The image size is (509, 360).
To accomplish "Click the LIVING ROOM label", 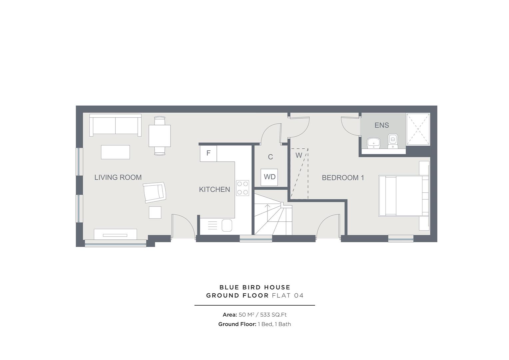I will [118, 177].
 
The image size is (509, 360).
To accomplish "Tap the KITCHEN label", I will [214, 189].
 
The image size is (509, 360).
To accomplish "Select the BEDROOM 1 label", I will [342, 178].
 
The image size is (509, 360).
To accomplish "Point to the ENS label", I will [381, 125].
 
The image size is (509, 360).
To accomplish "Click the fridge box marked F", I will [209, 153].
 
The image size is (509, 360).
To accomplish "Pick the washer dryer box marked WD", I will [269, 177].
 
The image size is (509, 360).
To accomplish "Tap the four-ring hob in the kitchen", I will [243, 188].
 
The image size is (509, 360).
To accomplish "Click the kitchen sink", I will [227, 225].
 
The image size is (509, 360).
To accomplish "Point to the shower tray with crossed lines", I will [418, 129].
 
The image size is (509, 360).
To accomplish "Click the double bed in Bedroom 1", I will [403, 196].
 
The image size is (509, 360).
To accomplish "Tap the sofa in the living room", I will [115, 125].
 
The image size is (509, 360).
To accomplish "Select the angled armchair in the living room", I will [154, 192].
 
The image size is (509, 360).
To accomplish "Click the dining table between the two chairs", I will [160, 136].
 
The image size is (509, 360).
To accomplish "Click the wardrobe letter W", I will [298, 155].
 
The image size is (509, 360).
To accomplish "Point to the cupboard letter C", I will [270, 157].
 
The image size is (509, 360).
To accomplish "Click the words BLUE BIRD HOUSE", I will [254, 287].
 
